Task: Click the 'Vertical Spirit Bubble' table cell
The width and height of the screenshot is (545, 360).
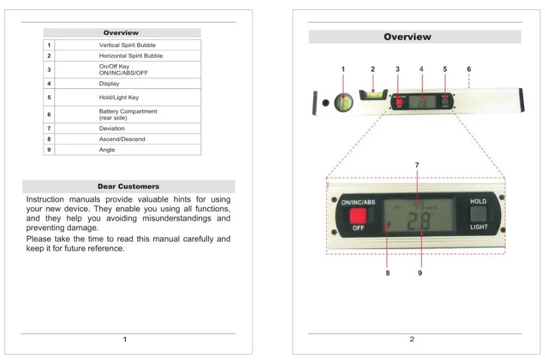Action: click(x=127, y=45)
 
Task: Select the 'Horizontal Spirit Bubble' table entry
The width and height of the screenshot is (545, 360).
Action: click(x=130, y=56)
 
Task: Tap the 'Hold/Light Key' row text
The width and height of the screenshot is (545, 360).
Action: click(x=119, y=98)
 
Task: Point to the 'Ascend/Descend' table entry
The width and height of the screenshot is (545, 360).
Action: click(x=122, y=139)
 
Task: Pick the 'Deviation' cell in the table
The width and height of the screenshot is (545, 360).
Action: click(x=112, y=128)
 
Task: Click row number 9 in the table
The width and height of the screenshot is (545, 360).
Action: click(x=49, y=149)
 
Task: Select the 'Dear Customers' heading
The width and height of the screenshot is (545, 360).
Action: click(x=129, y=187)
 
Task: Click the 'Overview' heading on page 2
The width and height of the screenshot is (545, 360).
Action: click(x=407, y=37)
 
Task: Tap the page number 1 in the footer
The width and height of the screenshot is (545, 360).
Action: click(x=125, y=339)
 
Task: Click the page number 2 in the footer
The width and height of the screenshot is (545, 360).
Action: click(x=411, y=339)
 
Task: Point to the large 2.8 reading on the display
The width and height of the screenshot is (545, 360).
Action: click(x=418, y=222)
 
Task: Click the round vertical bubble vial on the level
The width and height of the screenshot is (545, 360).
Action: click(x=343, y=102)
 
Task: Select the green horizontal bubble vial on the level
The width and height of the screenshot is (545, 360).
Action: click(x=373, y=94)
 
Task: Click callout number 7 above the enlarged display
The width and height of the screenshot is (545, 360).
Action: click(x=417, y=165)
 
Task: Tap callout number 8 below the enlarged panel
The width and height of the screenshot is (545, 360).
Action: click(x=387, y=273)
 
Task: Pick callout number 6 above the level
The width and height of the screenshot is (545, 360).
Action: click(x=469, y=69)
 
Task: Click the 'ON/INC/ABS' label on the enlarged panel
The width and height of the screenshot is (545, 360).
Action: click(x=358, y=202)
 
